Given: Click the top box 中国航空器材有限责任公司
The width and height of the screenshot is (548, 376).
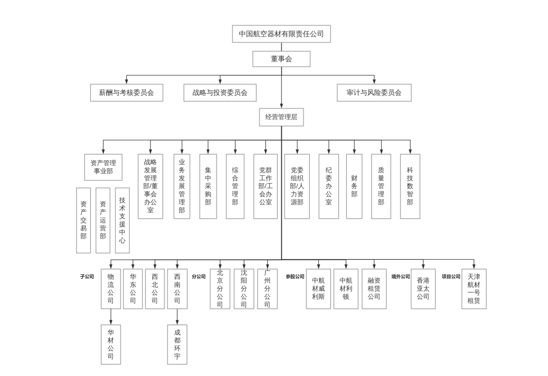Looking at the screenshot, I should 281,34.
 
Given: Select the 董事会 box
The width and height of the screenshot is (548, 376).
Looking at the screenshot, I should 281,59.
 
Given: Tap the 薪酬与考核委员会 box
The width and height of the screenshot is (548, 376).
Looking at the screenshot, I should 126,93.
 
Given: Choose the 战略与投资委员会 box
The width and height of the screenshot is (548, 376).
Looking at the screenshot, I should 220,93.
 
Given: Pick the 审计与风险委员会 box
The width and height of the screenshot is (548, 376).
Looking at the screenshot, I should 374,93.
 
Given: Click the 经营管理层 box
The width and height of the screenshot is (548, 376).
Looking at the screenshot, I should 281,117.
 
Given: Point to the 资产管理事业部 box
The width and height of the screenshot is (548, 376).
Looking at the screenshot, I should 103,167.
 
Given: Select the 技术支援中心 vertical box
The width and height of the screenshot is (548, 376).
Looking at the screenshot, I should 122,220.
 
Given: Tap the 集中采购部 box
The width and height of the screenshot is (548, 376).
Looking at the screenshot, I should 208,186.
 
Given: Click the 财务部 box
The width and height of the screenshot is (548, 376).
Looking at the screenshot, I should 354,186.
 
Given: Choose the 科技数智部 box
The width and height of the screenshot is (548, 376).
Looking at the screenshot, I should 410,186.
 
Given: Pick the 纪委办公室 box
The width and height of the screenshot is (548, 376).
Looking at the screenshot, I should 328,186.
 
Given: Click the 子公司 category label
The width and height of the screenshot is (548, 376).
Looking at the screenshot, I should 87,277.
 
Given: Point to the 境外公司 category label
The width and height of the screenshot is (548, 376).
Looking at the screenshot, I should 401,277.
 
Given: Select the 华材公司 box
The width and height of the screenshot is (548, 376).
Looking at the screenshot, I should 111,344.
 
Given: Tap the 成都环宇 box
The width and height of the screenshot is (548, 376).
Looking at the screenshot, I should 177,344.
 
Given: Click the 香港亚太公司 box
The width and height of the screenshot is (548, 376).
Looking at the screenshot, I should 423,289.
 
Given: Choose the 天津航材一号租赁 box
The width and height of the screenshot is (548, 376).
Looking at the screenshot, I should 474,289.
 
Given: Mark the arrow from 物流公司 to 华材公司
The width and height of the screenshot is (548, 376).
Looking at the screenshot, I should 111,317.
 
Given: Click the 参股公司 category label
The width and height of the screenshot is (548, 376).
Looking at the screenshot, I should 295,277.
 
